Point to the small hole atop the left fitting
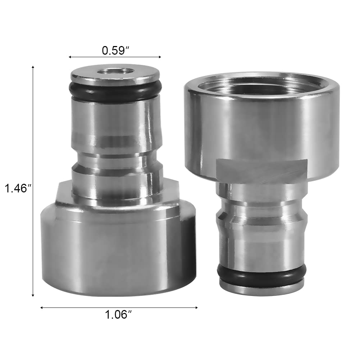[x=115, y=71]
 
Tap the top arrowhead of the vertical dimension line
[x=33, y=67]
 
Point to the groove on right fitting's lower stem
[x=261, y=216]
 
